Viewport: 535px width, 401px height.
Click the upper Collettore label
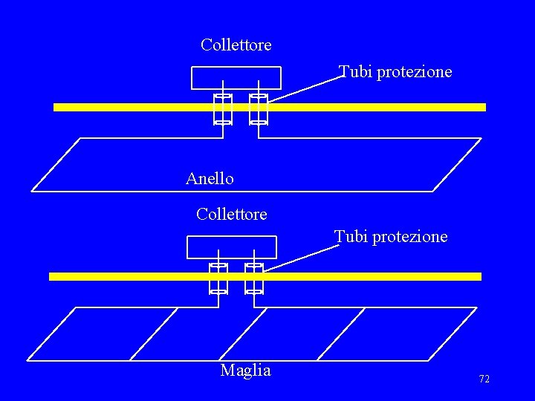pyautogui.click(x=236, y=45)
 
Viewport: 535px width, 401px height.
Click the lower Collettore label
pyautogui.click(x=232, y=215)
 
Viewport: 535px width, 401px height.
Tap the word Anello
pyautogui.click(x=210, y=179)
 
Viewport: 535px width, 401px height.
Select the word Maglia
pyautogui.click(x=245, y=371)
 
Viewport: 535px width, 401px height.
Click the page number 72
pyautogui.click(x=484, y=379)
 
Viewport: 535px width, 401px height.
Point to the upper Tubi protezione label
pyautogui.click(x=395, y=72)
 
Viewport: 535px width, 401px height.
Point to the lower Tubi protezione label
pyautogui.click(x=391, y=237)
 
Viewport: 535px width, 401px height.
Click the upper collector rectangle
pyautogui.click(x=236, y=78)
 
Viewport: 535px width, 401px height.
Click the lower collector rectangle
pyautogui.click(x=232, y=247)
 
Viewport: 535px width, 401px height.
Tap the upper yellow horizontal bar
pyautogui.click(x=372, y=107)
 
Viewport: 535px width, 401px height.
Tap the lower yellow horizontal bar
pyautogui.click(x=372, y=276)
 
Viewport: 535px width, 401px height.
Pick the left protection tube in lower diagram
pyautogui.click(x=218, y=278)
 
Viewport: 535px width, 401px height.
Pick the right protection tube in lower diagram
pyautogui.click(x=254, y=278)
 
